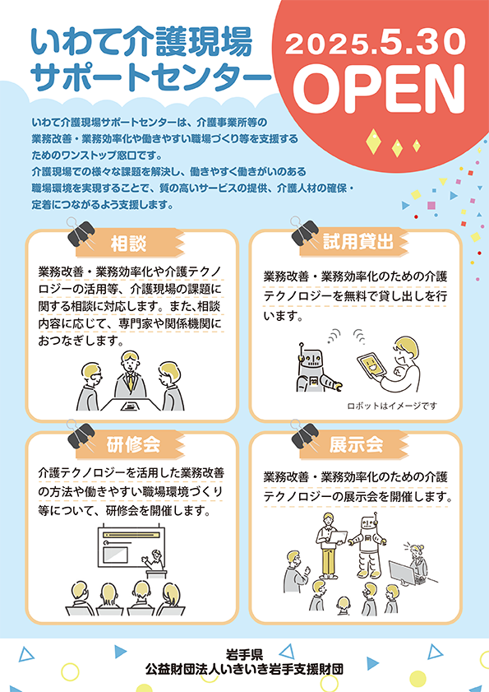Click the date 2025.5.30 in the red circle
coord(376,43)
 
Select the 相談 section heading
coord(128,244)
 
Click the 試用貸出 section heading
coord(358,241)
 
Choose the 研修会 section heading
coord(133,444)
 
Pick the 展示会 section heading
coord(357,444)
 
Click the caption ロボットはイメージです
coord(392,406)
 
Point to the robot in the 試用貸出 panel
coord(316,368)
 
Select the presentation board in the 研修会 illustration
coord(131,546)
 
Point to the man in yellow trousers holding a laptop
coord(329,546)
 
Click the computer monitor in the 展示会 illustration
coord(403,573)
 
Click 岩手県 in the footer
coord(244,653)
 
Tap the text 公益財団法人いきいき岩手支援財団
coord(244,669)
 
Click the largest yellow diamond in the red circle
coord(373,142)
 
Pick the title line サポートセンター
coord(150,77)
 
